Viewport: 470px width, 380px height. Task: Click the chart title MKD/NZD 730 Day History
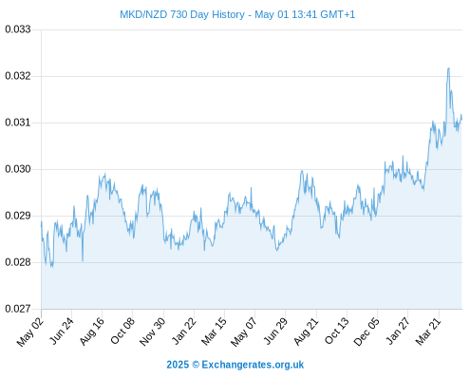pyautogui.click(x=182, y=14)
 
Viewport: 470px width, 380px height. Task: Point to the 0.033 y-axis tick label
pyautogui.click(x=18, y=29)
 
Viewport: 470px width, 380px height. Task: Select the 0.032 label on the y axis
pyautogui.click(x=18, y=76)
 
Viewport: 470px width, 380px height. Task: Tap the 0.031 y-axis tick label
pyautogui.click(x=18, y=123)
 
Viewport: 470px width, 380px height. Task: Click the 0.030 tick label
pyautogui.click(x=18, y=169)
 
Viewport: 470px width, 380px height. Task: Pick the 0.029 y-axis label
pyautogui.click(x=18, y=216)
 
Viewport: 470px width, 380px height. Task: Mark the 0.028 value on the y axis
pyautogui.click(x=18, y=262)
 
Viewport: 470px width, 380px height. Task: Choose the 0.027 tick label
pyautogui.click(x=18, y=309)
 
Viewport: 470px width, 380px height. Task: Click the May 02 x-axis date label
pyautogui.click(x=30, y=332)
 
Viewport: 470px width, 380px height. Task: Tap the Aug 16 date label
pyautogui.click(x=92, y=331)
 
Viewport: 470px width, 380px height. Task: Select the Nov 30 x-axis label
pyautogui.click(x=153, y=332)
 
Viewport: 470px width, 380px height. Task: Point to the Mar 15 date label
pyautogui.click(x=215, y=331)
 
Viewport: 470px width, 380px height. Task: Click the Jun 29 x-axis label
pyautogui.click(x=275, y=331)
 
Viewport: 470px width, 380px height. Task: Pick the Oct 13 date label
pyautogui.click(x=337, y=331)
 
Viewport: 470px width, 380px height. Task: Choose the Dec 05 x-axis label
pyautogui.click(x=367, y=332)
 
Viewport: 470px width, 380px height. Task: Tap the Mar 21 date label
pyautogui.click(x=428, y=331)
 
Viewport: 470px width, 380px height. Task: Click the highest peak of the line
pyautogui.click(x=448, y=68)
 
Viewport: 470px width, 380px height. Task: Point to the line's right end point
pyautogui.click(x=461, y=119)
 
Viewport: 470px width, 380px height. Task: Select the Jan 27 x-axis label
pyautogui.click(x=398, y=331)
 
